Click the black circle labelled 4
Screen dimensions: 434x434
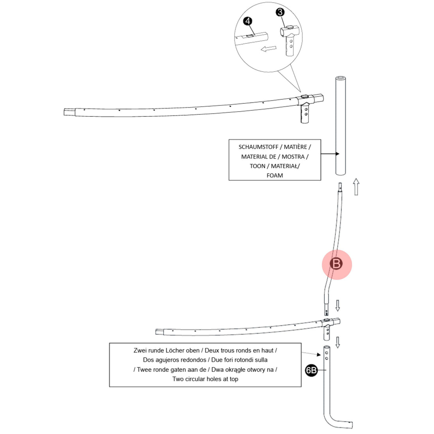pyautogui.click(x=248, y=21)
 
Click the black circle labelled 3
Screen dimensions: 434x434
pyautogui.click(x=280, y=12)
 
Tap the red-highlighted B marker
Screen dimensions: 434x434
pyautogui.click(x=337, y=264)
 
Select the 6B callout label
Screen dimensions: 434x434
pyautogui.click(x=311, y=370)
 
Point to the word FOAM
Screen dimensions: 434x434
pyautogui.click(x=275, y=176)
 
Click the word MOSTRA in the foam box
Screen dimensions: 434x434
pyautogui.click(x=293, y=157)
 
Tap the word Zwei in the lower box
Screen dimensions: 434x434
pyautogui.click(x=140, y=350)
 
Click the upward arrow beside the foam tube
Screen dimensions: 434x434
pyautogui.click(x=356, y=186)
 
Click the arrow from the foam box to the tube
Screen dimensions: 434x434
pyautogui.click(x=330, y=154)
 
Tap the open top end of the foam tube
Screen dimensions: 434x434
pyautogui.click(x=340, y=79)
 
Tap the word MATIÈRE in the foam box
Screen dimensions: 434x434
pyautogui.click(x=295, y=147)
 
